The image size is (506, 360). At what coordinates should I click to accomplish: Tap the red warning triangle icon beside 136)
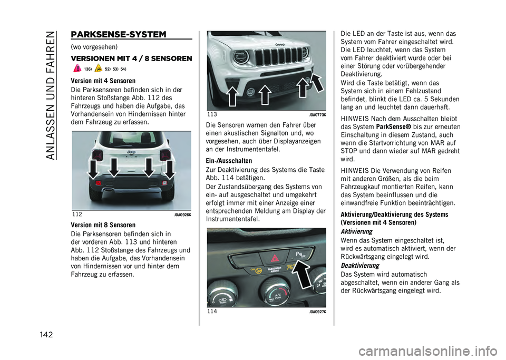point(77,69)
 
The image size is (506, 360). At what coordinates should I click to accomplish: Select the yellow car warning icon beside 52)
point(98,69)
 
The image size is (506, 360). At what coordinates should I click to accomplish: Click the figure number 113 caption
point(212,114)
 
